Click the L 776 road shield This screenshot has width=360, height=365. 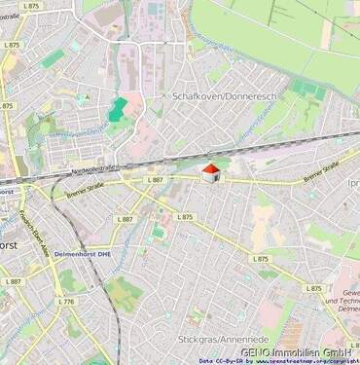pos(65,302)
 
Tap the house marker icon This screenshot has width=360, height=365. pos(210,173)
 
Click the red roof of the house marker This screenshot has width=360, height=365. pos(209,168)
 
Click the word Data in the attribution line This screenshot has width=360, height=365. pos(205,361)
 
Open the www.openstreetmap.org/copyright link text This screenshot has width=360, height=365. pos(309,361)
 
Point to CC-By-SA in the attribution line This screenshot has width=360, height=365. pos(231,361)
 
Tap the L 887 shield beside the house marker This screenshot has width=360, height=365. pos(156,180)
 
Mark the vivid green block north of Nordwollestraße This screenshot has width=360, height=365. pos(117,109)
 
